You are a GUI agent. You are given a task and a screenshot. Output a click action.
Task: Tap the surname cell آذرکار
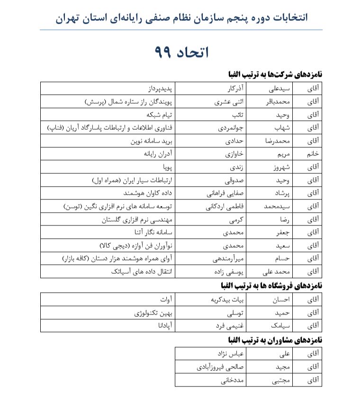click(235, 89)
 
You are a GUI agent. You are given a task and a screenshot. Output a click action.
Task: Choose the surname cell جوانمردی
click(231, 128)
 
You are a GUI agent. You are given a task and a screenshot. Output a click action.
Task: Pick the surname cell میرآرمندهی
click(228, 259)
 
